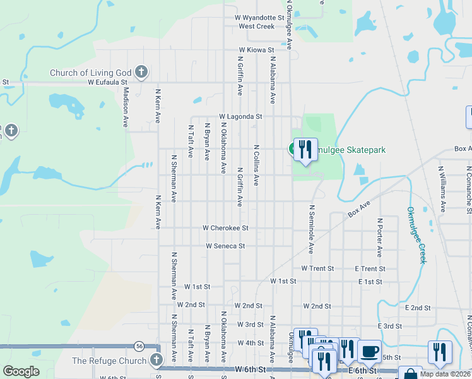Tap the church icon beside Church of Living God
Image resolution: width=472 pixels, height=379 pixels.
pyautogui.click(x=141, y=72)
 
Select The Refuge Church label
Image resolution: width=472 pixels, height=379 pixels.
pyautogui.click(x=110, y=361)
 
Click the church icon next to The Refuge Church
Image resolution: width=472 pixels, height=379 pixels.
pyautogui.click(x=157, y=361)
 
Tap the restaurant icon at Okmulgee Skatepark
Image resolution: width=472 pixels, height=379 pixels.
pyautogui.click(x=305, y=149)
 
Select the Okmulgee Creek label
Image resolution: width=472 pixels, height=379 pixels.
pyautogui.click(x=416, y=235)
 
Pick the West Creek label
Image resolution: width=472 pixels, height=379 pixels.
pyautogui.click(x=256, y=27)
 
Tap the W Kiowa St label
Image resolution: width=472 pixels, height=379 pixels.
pyautogui.click(x=256, y=49)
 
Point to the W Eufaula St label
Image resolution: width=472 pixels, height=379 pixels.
pyautogui.click(x=108, y=82)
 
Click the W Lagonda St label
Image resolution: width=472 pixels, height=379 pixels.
pyautogui.click(x=240, y=117)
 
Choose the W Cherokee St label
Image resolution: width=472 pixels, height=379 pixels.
pyautogui.click(x=225, y=227)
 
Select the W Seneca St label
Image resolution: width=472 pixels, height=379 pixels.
pyautogui.click(x=225, y=246)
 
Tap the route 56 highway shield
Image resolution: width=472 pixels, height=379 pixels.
pyautogui.click(x=139, y=346)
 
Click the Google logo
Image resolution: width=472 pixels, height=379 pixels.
pyautogui.click(x=21, y=371)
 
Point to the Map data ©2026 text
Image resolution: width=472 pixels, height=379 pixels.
pyautogui.click(x=445, y=374)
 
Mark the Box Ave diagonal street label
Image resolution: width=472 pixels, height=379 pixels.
pyautogui.click(x=357, y=210)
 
